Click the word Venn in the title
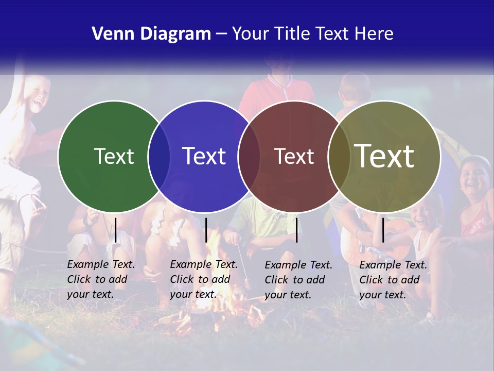(x=110, y=34)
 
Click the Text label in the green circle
(x=114, y=156)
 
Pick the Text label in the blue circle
(x=204, y=156)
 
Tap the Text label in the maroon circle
(x=294, y=156)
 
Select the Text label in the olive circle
(x=384, y=156)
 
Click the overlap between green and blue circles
(x=159, y=157)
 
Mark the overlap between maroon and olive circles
(x=339, y=157)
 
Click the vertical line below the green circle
(x=116, y=230)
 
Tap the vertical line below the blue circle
(x=206, y=230)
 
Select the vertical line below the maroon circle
(x=296, y=230)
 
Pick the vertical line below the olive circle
(x=383, y=230)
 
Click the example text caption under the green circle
(x=100, y=279)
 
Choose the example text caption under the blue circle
(x=203, y=279)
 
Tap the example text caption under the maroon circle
(x=298, y=280)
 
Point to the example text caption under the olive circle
(x=393, y=280)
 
